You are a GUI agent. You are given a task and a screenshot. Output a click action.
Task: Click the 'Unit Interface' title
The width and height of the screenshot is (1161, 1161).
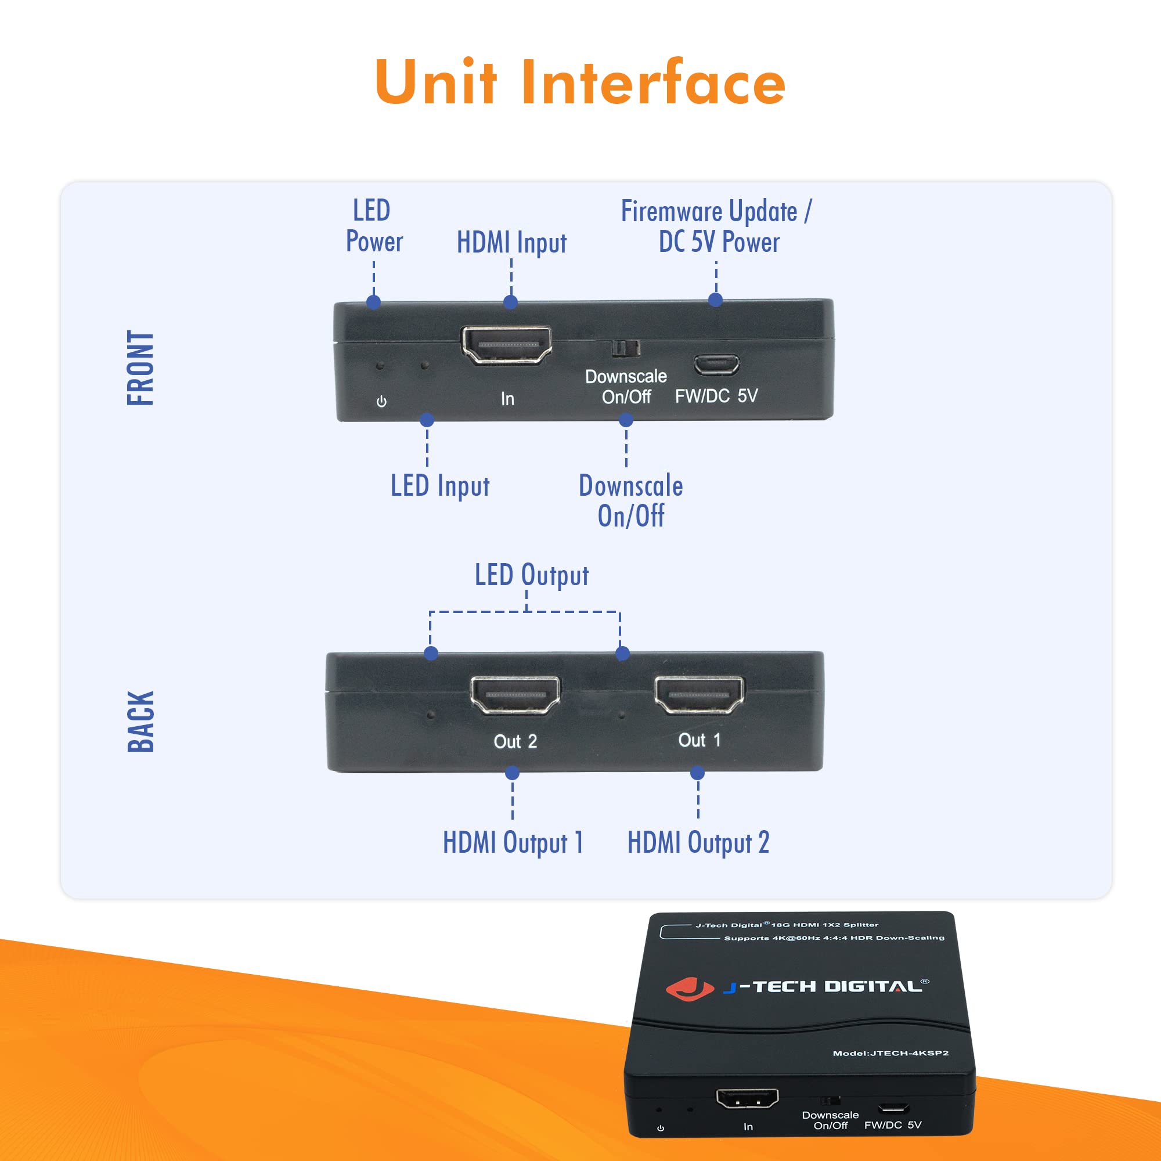click(x=580, y=83)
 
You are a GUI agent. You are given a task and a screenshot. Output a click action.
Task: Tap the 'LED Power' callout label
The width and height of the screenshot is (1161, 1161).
click(x=373, y=226)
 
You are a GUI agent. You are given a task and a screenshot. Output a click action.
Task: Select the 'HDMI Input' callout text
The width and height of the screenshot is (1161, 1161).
click(x=511, y=243)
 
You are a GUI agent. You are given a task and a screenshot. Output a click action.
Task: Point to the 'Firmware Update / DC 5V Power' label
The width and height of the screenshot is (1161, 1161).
click(x=716, y=226)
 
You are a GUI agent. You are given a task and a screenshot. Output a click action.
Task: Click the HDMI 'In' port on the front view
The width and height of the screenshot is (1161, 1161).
click(x=506, y=345)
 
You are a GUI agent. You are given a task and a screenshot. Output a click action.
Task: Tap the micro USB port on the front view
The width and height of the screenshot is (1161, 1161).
click(x=716, y=364)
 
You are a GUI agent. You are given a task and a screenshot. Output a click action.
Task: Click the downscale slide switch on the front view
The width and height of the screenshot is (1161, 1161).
click(x=626, y=348)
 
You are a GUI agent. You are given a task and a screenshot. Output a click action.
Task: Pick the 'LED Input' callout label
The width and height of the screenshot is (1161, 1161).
click(x=440, y=485)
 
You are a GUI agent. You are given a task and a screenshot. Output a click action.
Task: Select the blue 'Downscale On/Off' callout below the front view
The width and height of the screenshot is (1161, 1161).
click(x=630, y=500)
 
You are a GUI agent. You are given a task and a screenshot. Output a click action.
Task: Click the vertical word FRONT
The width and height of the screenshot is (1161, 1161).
click(x=140, y=368)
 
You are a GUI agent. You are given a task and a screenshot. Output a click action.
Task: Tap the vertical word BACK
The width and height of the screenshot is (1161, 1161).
click(x=140, y=721)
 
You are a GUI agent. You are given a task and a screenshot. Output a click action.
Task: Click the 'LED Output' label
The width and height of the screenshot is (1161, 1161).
click(x=531, y=575)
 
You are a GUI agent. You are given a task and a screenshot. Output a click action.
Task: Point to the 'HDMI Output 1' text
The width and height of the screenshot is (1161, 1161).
click(x=513, y=842)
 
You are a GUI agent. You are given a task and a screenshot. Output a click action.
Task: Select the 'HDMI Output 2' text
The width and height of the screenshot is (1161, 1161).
click(x=698, y=842)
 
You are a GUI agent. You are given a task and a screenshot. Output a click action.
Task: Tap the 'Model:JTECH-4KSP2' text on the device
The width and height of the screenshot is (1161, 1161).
click(x=890, y=1053)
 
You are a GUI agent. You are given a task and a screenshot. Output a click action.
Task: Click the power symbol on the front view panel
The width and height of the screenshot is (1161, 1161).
click(x=381, y=402)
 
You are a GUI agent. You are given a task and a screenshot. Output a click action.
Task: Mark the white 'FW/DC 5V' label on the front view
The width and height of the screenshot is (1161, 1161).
click(x=716, y=396)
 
